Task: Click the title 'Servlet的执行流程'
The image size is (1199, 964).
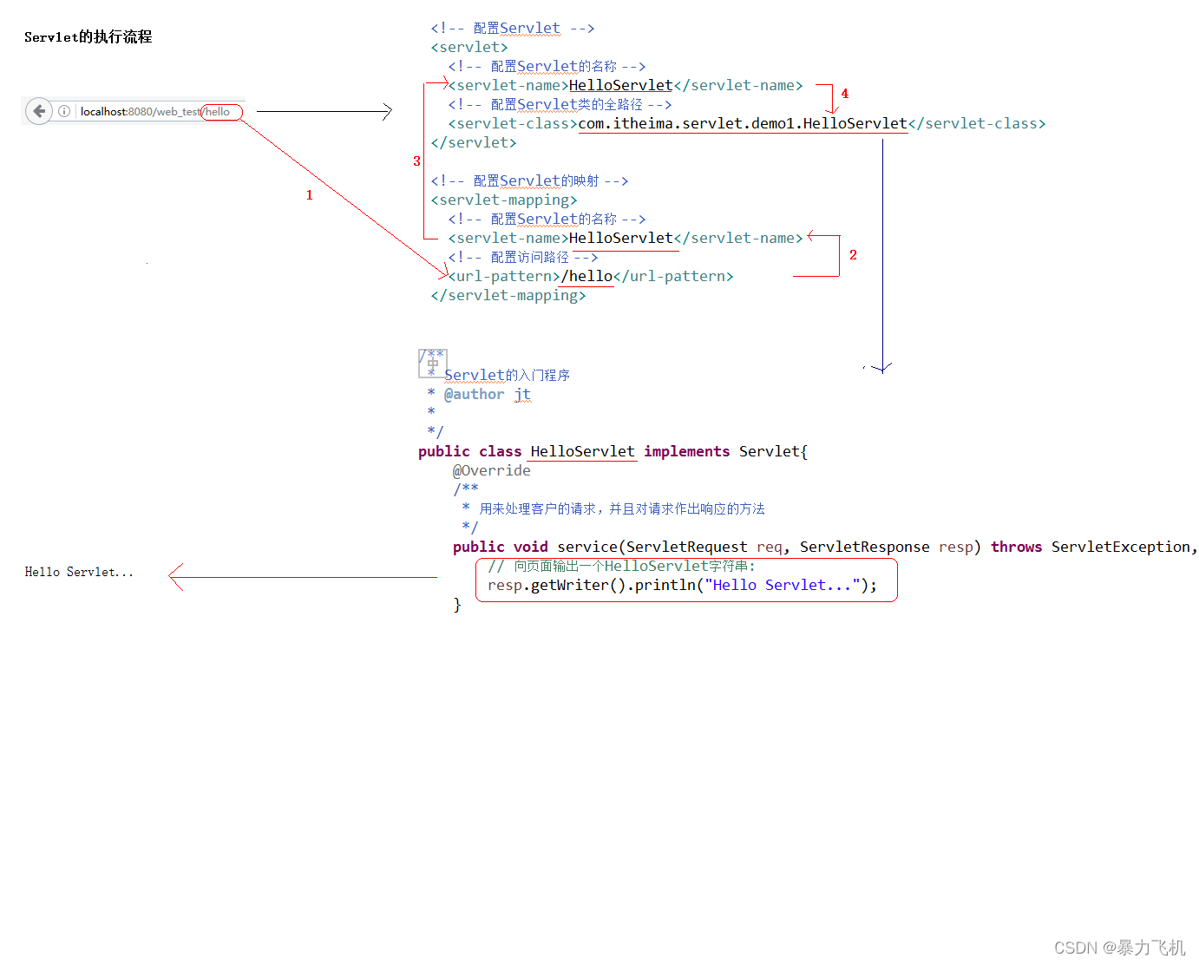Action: pyautogui.click(x=88, y=36)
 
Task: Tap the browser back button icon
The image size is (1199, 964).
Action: pyautogui.click(x=39, y=111)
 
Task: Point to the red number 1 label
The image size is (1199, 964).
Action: pyautogui.click(x=309, y=195)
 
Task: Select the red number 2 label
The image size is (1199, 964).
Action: pyautogui.click(x=853, y=254)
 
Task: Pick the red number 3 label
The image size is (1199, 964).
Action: pyautogui.click(x=416, y=161)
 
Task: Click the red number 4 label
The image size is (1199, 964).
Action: pyautogui.click(x=844, y=94)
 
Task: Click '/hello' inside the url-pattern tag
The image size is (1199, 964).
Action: pyautogui.click(x=587, y=276)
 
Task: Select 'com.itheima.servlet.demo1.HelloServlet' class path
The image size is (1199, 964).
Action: pyautogui.click(x=742, y=123)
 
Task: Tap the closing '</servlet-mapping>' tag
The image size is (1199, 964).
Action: pyautogui.click(x=508, y=295)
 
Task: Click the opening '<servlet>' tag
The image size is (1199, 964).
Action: pyautogui.click(x=468, y=47)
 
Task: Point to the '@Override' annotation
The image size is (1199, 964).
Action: pyautogui.click(x=491, y=470)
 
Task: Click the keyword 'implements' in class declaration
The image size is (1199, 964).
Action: pyautogui.click(x=686, y=451)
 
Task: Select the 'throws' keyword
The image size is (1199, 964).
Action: pyautogui.click(x=1016, y=547)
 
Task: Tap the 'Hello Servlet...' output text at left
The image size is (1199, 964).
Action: pyautogui.click(x=79, y=572)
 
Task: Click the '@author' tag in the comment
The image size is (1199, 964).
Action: pyautogui.click(x=474, y=394)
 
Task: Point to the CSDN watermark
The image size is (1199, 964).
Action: pyautogui.click(x=1119, y=948)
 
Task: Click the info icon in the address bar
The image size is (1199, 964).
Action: pyautogui.click(x=64, y=111)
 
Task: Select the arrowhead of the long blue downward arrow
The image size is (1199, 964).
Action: pyautogui.click(x=882, y=368)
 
